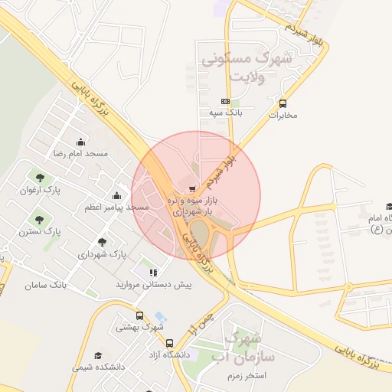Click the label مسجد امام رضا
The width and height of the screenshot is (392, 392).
point(80,154)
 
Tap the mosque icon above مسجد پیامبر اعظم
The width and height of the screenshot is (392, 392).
point(117,195)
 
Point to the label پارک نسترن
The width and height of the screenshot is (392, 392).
point(41,230)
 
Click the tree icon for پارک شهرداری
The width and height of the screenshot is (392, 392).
point(102,242)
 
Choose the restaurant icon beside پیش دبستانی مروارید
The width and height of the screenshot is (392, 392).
point(153,272)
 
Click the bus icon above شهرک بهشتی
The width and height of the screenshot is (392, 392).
point(139,315)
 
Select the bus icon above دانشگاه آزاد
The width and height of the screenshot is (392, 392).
point(169,343)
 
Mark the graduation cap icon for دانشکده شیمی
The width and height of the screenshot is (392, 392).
point(98,356)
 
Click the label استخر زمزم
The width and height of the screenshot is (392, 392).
point(246,376)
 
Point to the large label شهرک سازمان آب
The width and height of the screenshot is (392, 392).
point(245,348)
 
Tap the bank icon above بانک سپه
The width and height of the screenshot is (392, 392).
point(225,101)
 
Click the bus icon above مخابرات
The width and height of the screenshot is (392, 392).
point(283,103)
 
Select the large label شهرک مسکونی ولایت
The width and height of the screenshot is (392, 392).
point(246,67)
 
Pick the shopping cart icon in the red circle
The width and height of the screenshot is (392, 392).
point(191,188)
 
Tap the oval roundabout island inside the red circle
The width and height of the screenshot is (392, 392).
point(199,229)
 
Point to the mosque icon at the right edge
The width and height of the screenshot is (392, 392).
point(389,206)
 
